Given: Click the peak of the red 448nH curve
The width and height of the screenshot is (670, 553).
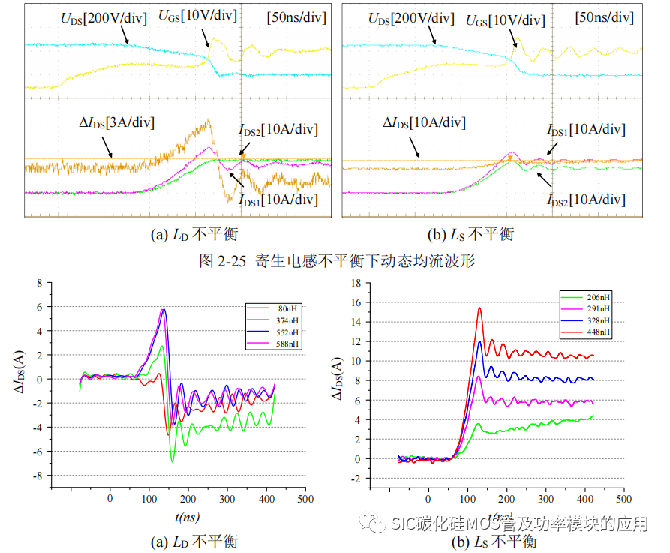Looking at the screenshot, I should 479,308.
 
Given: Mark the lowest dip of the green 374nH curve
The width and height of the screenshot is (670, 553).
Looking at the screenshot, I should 172,461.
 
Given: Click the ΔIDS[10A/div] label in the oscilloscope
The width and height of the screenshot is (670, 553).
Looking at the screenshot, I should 424,122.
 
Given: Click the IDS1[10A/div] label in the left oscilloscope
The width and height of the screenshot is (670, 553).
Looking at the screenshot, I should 278,200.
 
